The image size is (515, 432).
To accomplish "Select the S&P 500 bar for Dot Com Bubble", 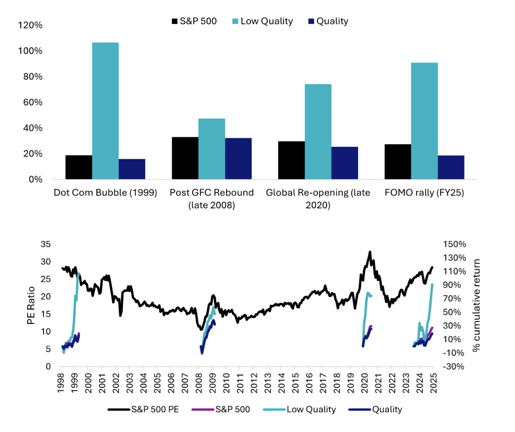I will click(79, 167).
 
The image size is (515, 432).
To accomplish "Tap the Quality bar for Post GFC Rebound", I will click(238, 159).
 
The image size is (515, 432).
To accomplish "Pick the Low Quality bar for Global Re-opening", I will click(318, 131).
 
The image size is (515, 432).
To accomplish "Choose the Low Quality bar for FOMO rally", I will click(425, 121).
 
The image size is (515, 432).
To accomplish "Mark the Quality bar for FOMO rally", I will click(451, 167).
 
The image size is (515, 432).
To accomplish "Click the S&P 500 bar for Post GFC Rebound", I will click(185, 158).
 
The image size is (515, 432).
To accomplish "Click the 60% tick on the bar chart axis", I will click(33, 103).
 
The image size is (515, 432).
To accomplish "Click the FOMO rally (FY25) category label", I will click(425, 193).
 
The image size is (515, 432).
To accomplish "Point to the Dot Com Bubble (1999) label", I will click(105, 193).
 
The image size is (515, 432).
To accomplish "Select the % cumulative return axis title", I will click(477, 305).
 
